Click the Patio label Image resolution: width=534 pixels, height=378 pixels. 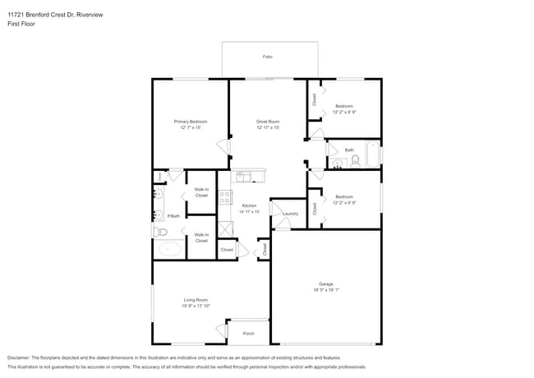pos(267,57)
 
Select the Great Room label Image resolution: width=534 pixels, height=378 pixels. pos(268,122)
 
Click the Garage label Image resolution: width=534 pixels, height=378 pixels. pos(326,283)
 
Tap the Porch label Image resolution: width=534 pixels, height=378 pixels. pos(248,333)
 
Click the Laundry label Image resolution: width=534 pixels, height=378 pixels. pos(289,214)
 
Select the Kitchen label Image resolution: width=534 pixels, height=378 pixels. pos(249,205)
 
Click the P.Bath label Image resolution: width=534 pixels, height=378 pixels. pos(173,216)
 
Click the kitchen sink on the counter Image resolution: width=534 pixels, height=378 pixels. pos(245,175)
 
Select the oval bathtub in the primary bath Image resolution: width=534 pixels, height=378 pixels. pos(170,249)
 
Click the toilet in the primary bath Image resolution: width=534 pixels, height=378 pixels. pos(160,232)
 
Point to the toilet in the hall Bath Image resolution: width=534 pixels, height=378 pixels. pos(355,160)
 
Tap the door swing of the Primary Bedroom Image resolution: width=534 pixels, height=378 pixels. pos(223,147)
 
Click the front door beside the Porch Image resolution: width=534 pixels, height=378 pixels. pos(222,330)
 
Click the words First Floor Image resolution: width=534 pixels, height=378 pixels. pos(22,25)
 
